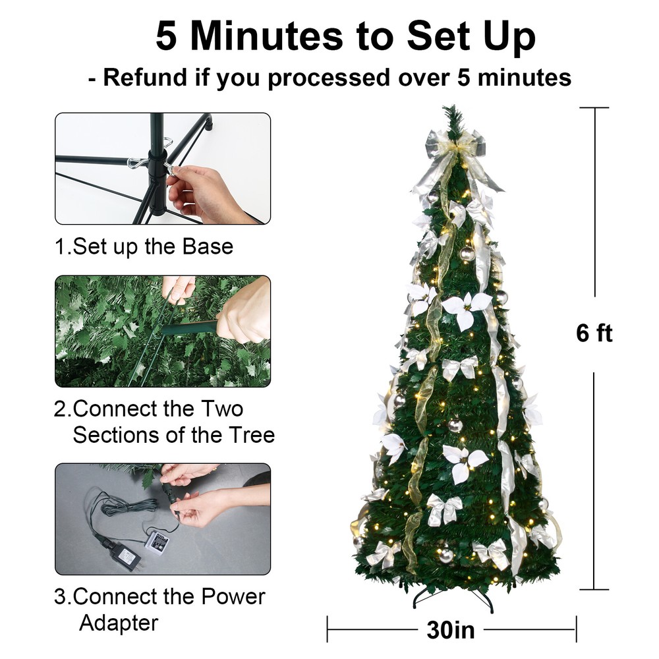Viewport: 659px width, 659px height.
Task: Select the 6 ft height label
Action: point(594,333)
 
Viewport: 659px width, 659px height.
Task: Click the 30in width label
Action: point(451,630)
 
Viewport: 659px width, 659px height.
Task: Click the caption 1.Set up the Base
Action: point(144,246)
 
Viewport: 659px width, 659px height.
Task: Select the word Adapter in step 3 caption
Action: point(119,622)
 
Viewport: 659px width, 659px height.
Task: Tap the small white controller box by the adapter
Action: point(157,542)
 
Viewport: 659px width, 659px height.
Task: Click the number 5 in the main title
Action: point(166,36)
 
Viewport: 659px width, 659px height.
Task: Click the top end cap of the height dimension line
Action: point(595,107)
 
